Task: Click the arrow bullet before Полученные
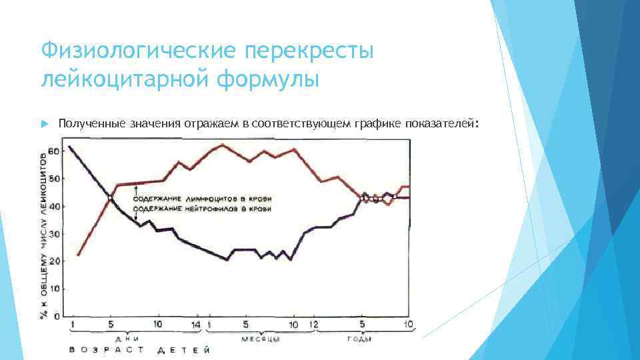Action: (44, 123)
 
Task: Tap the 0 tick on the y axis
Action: (57, 316)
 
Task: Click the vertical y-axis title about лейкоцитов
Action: (45, 233)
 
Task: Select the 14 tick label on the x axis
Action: (195, 325)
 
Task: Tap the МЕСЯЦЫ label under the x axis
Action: (259, 339)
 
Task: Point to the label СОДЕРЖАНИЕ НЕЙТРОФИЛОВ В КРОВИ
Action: (203, 209)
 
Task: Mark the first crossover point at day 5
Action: (110, 197)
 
